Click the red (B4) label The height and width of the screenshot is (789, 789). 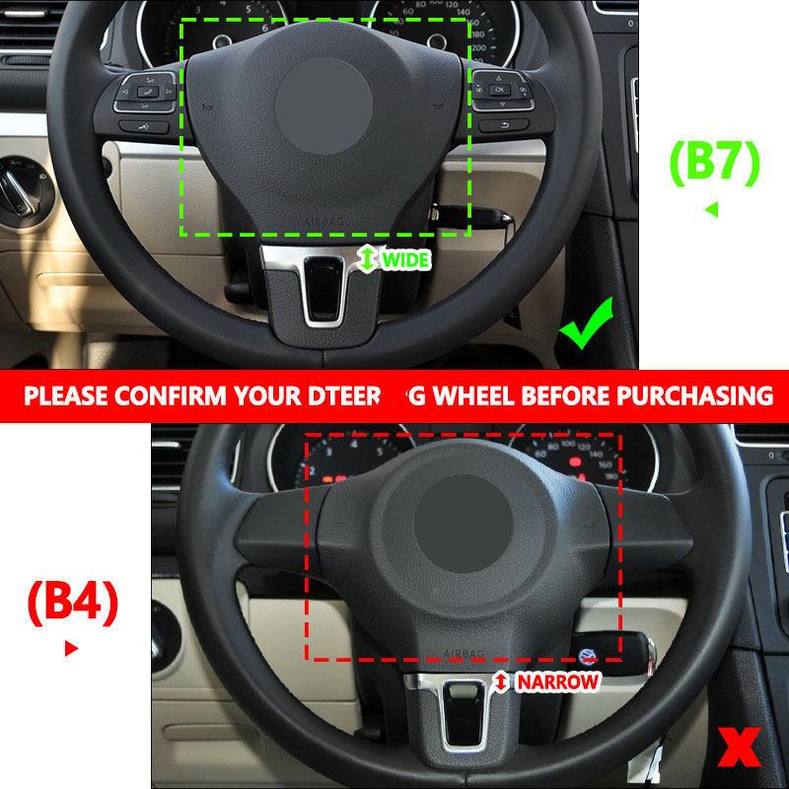click(73, 603)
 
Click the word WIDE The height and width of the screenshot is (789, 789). click(405, 260)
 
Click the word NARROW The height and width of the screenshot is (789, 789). click(557, 681)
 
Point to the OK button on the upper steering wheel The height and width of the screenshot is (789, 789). click(499, 90)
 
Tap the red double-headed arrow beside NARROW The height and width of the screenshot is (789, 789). click(501, 681)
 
